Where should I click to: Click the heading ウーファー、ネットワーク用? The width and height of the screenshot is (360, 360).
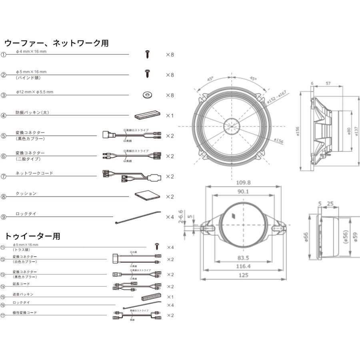[x=56, y=43]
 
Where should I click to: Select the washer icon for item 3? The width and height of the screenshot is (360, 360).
[x=147, y=95]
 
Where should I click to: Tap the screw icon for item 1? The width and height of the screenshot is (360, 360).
[x=147, y=54]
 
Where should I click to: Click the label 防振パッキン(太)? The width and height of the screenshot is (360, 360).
[x=32, y=112]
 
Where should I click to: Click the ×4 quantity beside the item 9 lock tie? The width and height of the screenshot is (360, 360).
[x=170, y=217]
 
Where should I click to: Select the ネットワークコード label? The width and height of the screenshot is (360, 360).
[x=34, y=173]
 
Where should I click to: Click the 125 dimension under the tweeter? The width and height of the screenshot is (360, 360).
[x=243, y=275]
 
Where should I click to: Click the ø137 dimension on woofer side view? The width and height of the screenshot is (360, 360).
[x=356, y=130]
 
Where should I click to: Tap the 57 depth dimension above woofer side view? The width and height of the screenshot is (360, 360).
[x=328, y=83]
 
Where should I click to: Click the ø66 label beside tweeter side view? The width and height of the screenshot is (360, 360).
[x=306, y=237]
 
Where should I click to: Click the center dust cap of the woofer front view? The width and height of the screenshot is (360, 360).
[x=231, y=126]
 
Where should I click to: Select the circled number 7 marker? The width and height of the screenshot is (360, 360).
[x=4, y=176]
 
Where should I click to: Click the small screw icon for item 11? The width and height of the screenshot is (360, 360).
[x=157, y=246]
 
